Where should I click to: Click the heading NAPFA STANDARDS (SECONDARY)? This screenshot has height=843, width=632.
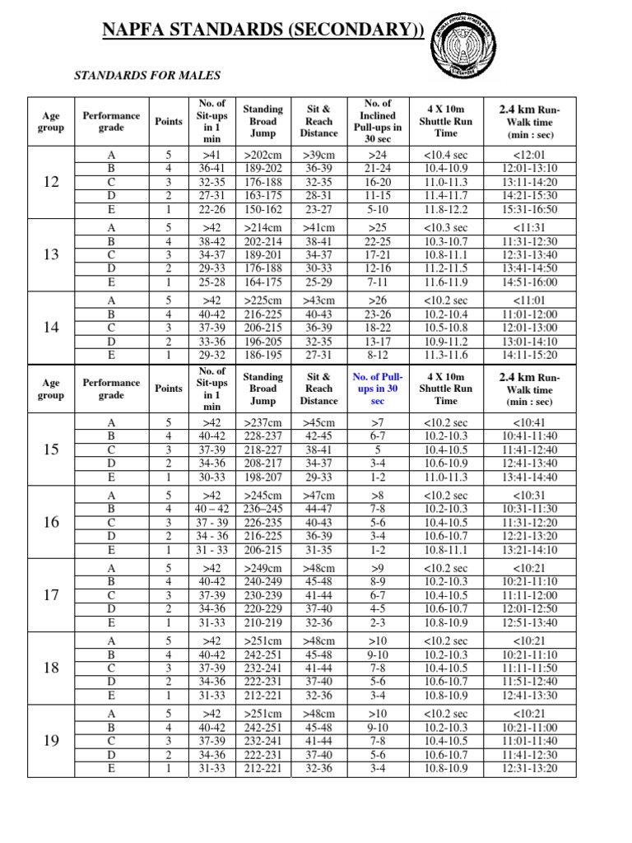tap(263, 31)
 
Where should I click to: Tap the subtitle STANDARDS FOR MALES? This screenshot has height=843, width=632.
tap(148, 76)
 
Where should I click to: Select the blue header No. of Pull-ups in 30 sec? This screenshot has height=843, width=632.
tap(377, 389)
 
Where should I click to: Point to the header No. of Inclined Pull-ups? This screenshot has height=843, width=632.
tap(377, 122)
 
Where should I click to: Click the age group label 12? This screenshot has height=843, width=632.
tap(51, 182)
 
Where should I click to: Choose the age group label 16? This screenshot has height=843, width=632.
tap(51, 522)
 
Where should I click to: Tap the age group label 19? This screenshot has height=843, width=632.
tap(51, 741)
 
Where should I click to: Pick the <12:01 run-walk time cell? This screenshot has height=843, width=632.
tap(528, 155)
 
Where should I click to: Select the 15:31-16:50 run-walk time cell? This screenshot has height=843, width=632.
tap(528, 209)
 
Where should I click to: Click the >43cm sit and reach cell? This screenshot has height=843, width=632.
tap(318, 300)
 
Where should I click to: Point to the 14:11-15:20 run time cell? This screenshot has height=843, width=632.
tap(528, 355)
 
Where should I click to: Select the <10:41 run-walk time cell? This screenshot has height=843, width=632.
tap(528, 423)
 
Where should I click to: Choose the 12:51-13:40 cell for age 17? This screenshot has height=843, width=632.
tap(528, 623)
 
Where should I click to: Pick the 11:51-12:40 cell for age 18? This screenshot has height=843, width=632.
tap(528, 682)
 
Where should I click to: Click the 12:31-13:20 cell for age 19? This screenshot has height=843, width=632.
tap(528, 769)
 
